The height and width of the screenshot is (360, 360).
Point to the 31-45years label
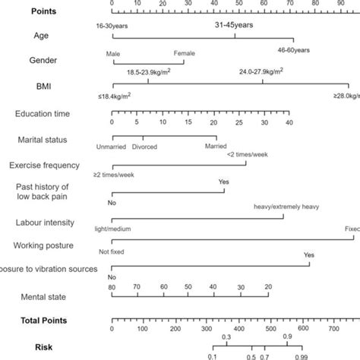point(235,25)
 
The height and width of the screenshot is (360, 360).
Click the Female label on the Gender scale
point(185,52)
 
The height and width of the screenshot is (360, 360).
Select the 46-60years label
point(292,49)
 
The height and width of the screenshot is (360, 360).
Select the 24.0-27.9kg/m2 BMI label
point(263,70)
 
